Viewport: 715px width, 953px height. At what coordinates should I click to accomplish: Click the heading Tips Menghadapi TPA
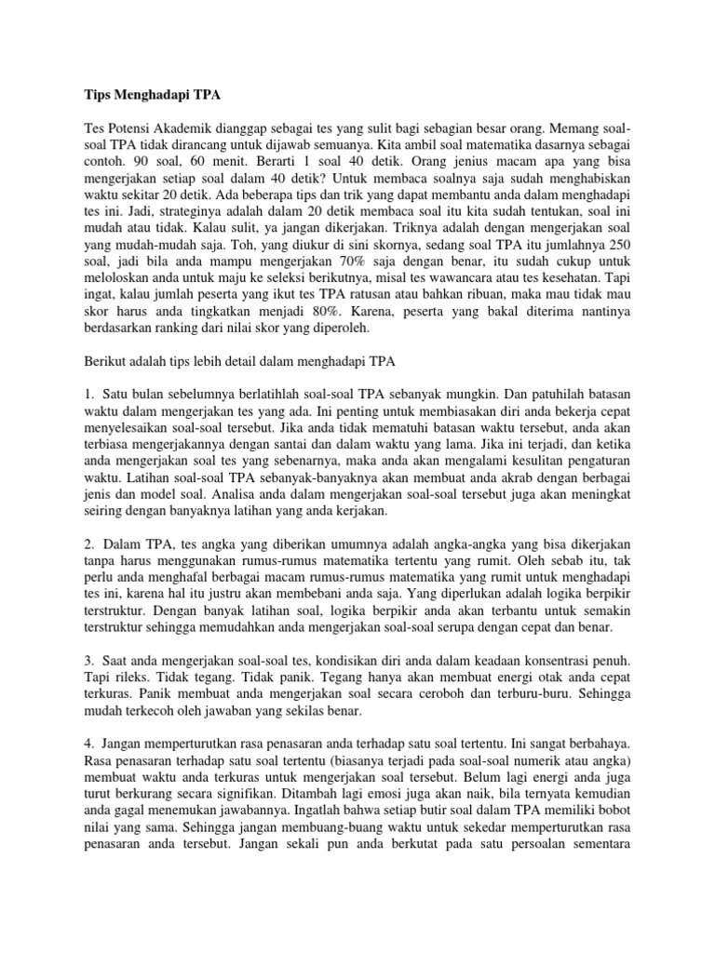coord(148,94)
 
